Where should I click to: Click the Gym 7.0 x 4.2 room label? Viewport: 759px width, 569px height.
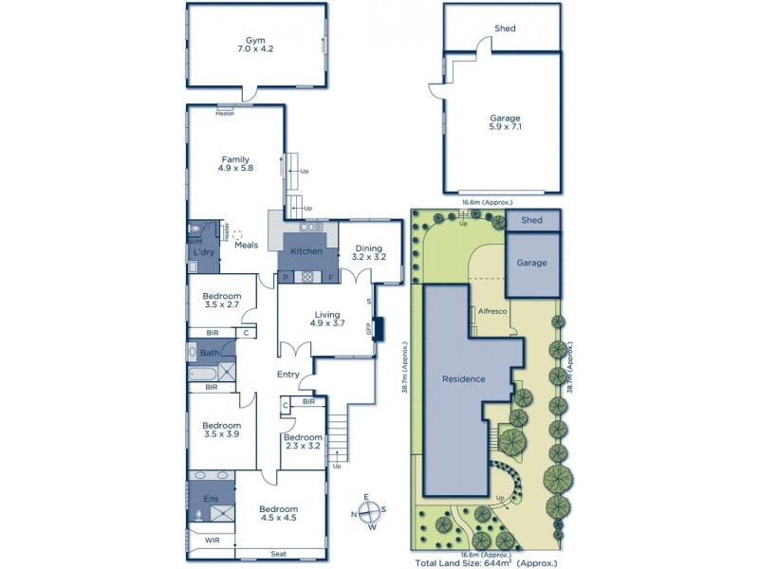[254, 46]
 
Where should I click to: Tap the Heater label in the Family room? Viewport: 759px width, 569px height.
[225, 114]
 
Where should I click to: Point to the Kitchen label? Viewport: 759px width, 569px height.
[306, 251]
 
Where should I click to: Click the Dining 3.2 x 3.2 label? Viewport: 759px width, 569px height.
[369, 252]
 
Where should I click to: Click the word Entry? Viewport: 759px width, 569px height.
[288, 375]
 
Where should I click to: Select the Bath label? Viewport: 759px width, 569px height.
[209, 354]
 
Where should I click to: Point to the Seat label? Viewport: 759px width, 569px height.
[278, 554]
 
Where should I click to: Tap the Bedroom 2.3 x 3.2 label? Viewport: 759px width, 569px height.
[304, 441]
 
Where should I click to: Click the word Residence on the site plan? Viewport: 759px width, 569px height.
[464, 378]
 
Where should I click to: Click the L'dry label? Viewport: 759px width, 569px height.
[204, 252]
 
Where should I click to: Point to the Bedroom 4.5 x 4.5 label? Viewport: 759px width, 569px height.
[279, 513]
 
